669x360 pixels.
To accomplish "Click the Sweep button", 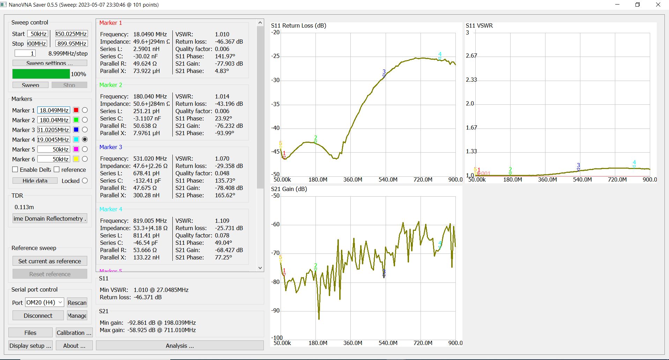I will click(x=30, y=85).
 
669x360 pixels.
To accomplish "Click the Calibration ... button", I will click(x=74, y=333).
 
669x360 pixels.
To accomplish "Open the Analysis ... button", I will click(x=180, y=346).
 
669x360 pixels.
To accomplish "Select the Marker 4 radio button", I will click(x=85, y=139).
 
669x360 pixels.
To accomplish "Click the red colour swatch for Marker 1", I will click(x=76, y=110).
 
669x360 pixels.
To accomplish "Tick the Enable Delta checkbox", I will click(x=15, y=169).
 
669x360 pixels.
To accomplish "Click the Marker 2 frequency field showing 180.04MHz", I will click(x=54, y=120).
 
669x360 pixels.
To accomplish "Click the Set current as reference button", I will click(x=50, y=261).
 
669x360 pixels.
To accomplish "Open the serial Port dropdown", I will click(x=44, y=302).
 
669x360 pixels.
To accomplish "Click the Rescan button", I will click(x=77, y=303).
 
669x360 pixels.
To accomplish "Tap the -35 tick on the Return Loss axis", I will click(x=276, y=104).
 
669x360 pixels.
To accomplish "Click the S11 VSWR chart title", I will click(x=479, y=25).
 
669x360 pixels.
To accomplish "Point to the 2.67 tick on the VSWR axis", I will click(x=471, y=56).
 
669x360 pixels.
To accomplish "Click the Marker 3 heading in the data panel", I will click(x=111, y=147).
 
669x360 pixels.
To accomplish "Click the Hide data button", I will click(x=35, y=181).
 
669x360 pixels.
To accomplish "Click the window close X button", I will click(x=658, y=5).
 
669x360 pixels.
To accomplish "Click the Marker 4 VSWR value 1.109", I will click(x=222, y=221).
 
